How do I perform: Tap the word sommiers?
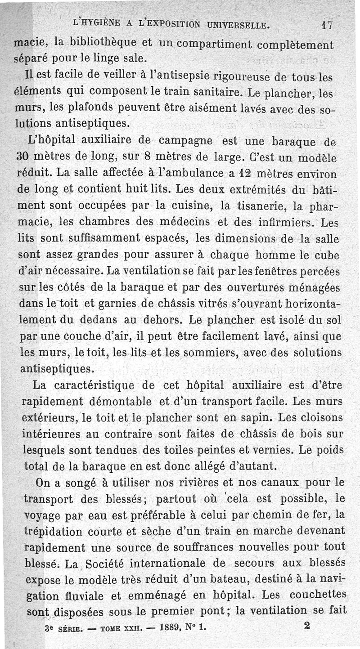211,353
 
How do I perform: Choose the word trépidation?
52,531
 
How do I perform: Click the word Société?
105,563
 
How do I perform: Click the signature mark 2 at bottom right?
307,625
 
